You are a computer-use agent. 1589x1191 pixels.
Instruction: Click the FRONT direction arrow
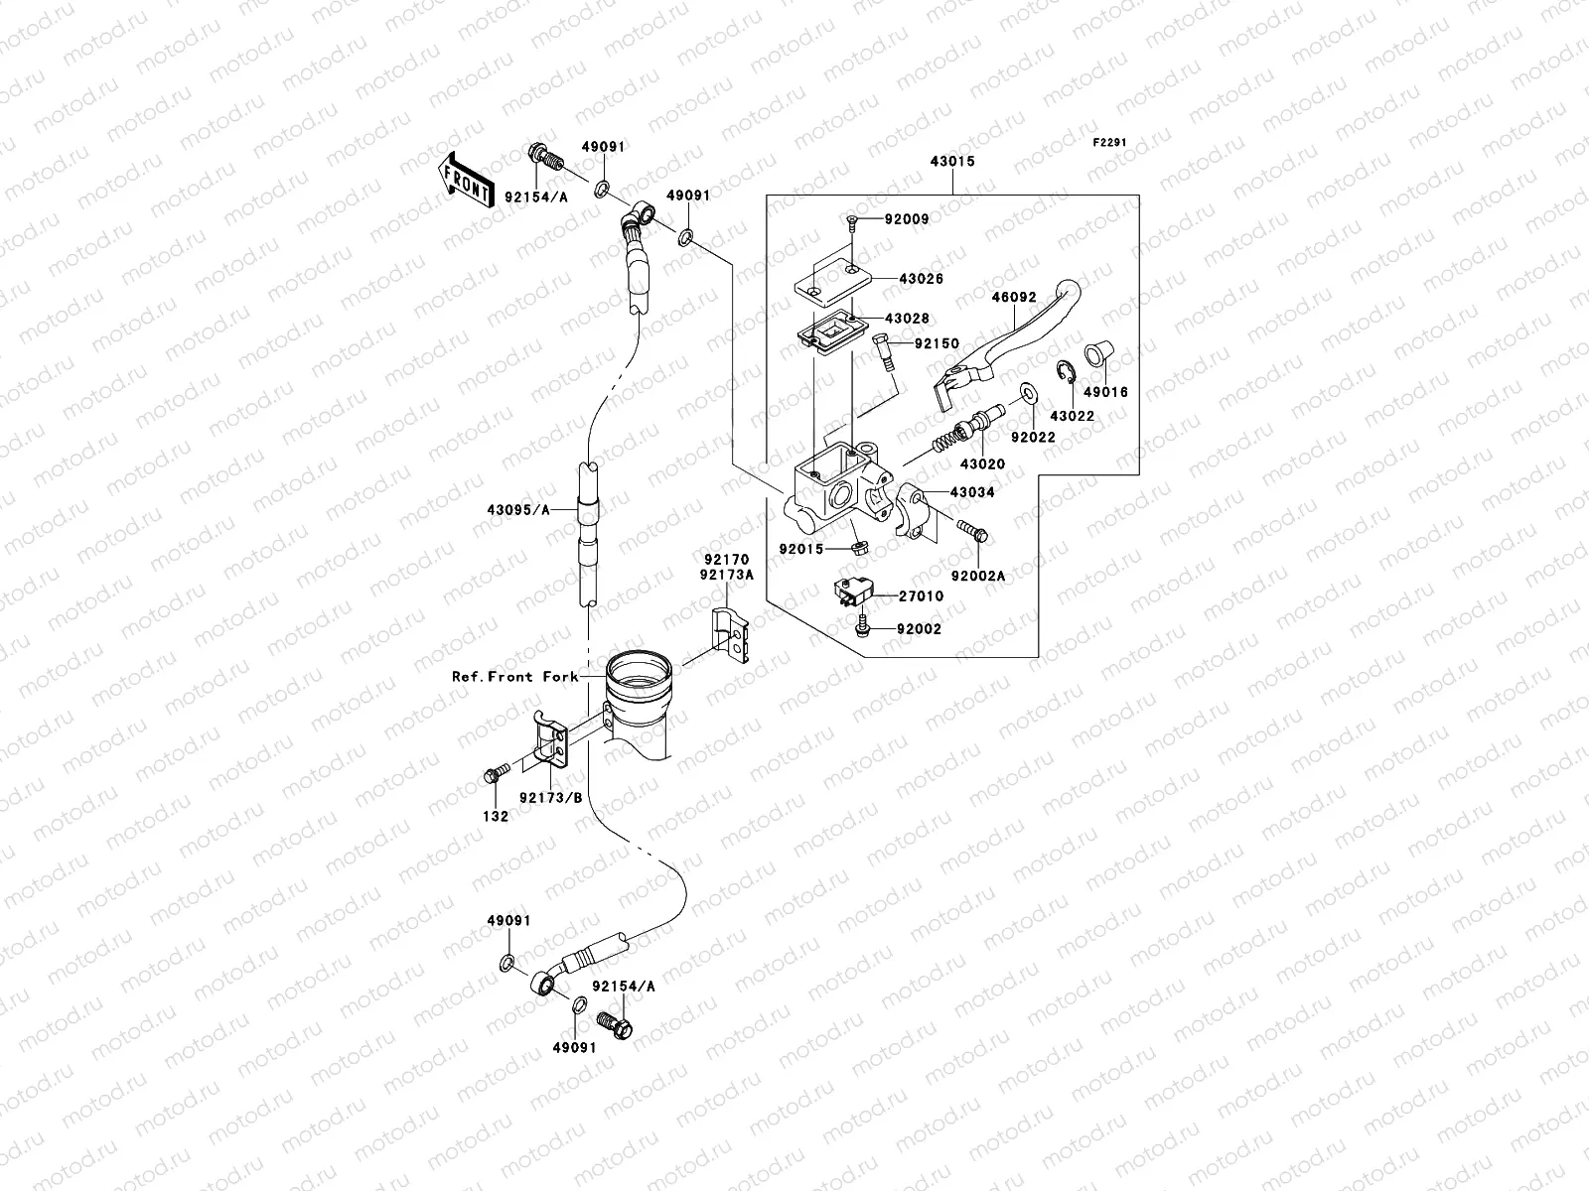click(x=466, y=180)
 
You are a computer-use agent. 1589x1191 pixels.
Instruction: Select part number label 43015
click(x=951, y=161)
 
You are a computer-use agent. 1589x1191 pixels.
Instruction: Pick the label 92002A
click(x=977, y=576)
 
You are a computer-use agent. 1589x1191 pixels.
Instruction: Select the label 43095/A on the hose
click(x=517, y=510)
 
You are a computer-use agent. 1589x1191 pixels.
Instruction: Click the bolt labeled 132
click(x=490, y=774)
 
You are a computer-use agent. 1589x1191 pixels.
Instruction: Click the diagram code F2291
click(x=1113, y=143)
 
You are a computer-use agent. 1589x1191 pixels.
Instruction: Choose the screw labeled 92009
click(x=852, y=220)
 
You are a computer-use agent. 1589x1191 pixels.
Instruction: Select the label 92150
click(x=937, y=344)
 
